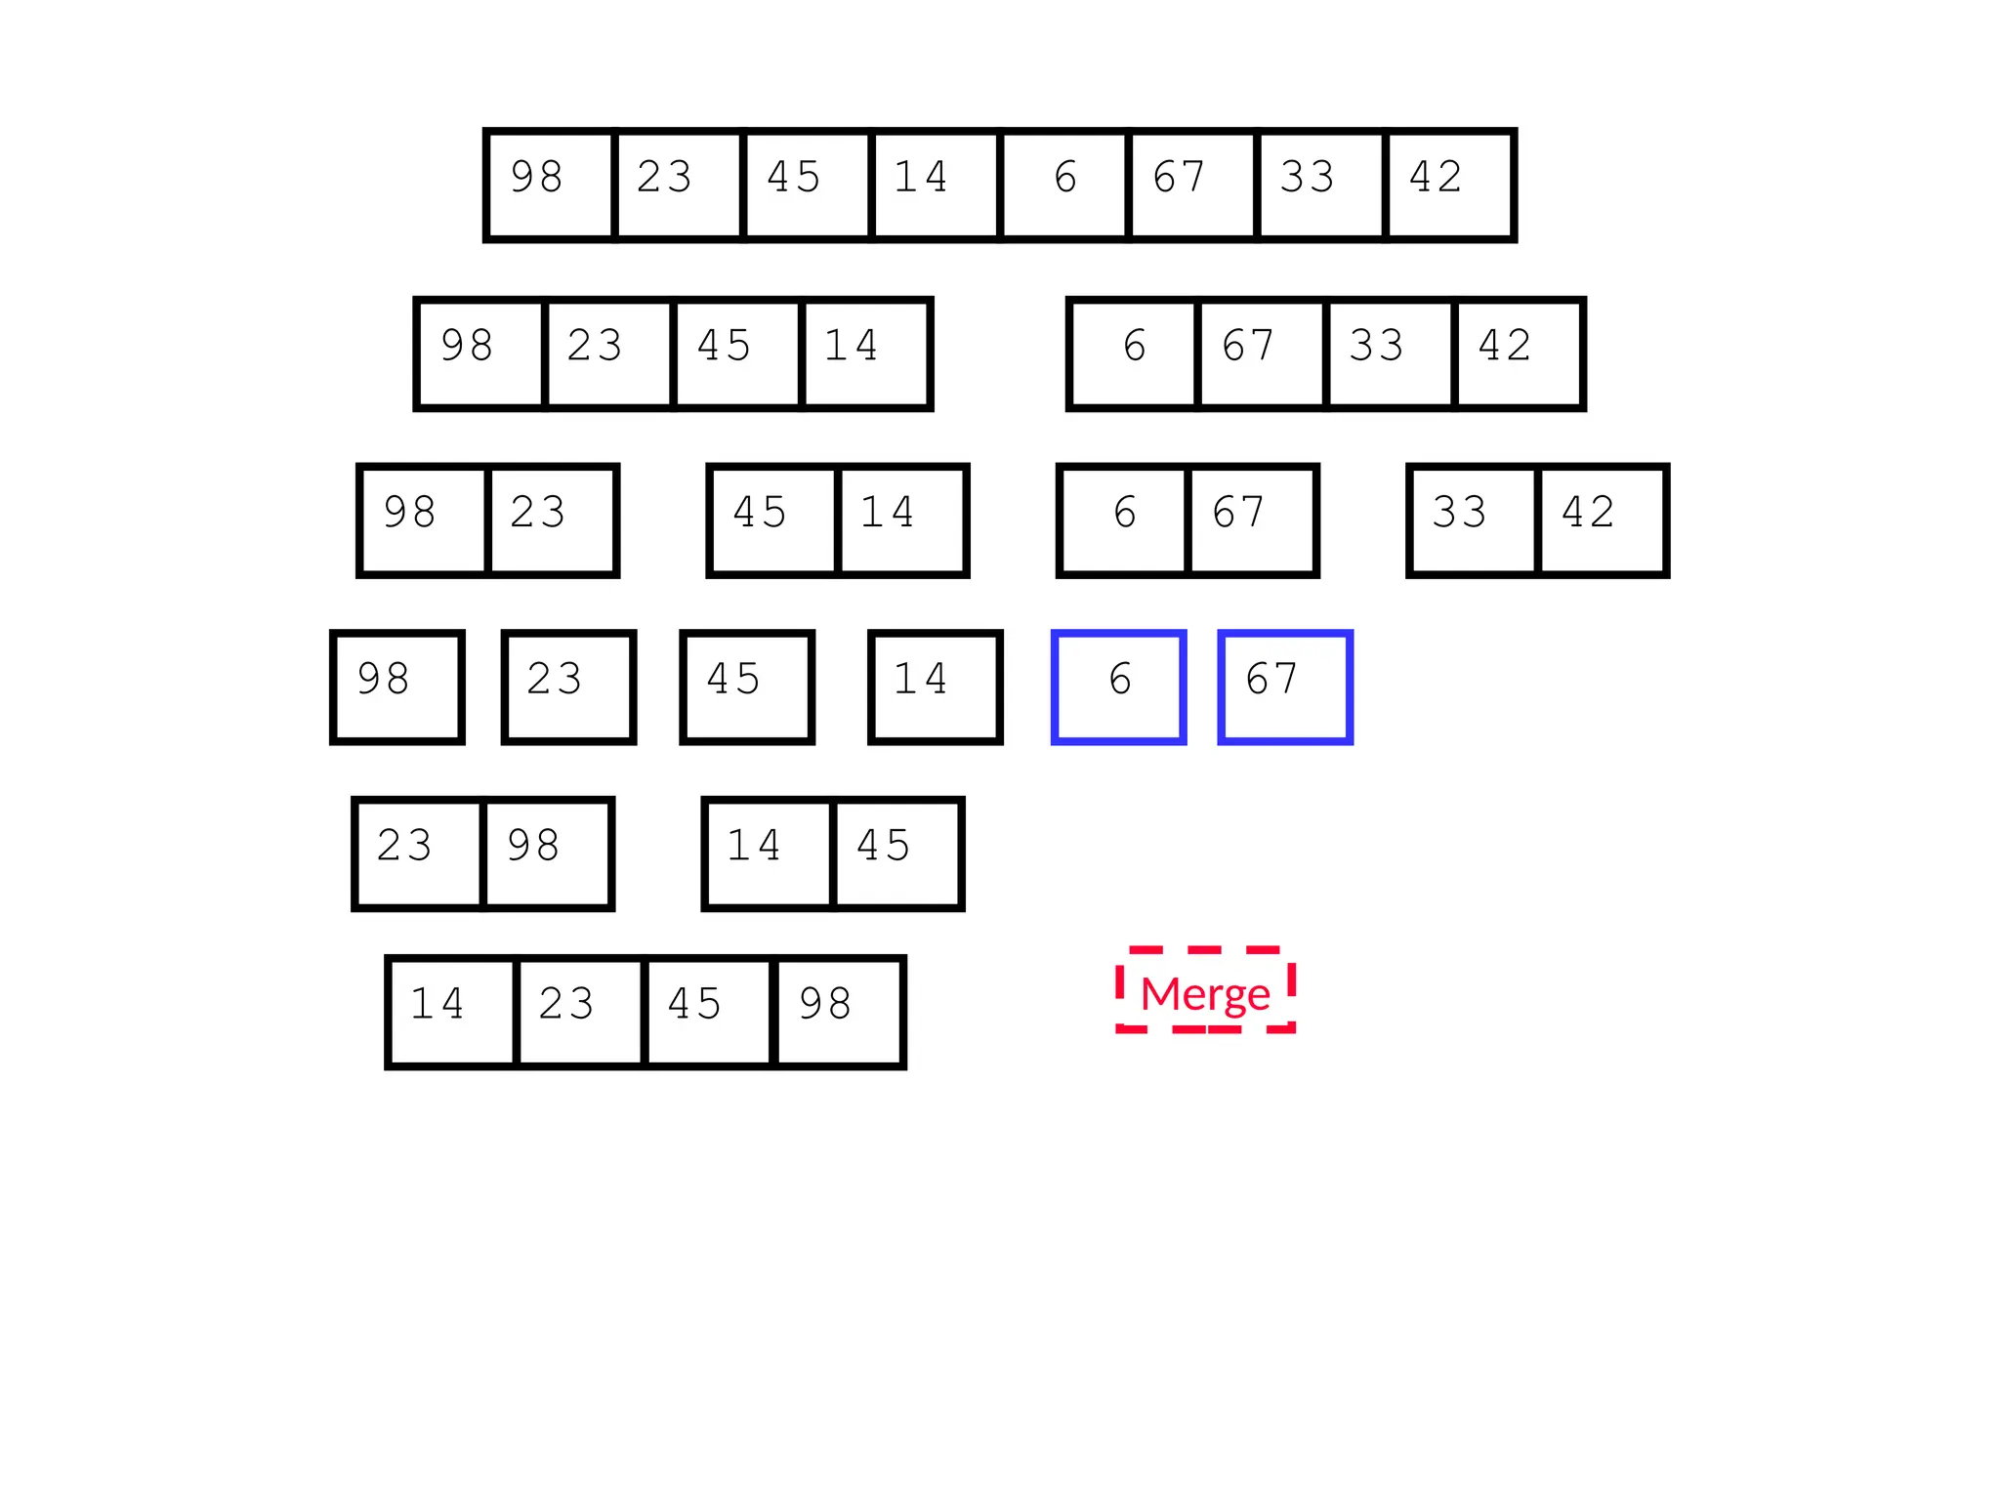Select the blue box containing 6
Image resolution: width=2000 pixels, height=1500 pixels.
pos(1119,687)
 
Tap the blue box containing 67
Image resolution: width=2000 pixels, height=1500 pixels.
pos(1285,687)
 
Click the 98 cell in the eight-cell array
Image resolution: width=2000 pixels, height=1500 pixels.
pos(550,185)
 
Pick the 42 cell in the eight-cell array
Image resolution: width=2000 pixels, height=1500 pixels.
pos(1450,185)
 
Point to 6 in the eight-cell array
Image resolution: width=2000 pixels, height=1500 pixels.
pos(1064,185)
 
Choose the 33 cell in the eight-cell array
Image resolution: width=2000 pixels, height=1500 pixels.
pos(1321,185)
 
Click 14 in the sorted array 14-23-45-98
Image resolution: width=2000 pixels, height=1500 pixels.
pos(451,1012)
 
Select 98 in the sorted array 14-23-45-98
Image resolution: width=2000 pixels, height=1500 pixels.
pos(839,1012)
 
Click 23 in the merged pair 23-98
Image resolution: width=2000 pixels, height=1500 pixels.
pos(418,854)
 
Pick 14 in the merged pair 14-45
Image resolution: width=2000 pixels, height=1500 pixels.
pos(768,854)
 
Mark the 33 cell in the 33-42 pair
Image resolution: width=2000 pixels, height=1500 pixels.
pos(1474,521)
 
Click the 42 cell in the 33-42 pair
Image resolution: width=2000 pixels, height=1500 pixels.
pos(1602,521)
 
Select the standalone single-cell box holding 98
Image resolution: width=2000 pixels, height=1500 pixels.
pos(397,687)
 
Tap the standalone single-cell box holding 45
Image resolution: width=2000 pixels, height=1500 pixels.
pos(747,687)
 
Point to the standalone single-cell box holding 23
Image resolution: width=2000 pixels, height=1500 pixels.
pos(569,687)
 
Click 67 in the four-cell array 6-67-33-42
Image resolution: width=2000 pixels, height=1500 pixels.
pos(1262,354)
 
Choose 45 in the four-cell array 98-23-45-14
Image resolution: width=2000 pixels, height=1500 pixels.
pos(737,354)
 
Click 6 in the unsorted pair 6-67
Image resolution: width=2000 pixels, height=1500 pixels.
pos(1124,521)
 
